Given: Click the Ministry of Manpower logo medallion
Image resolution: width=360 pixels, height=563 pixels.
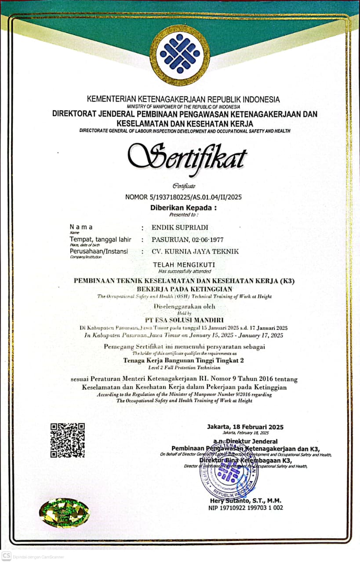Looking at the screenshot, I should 180,55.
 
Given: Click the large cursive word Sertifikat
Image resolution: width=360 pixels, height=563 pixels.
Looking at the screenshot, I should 187,157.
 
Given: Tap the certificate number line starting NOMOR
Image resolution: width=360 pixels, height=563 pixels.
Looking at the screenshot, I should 184,197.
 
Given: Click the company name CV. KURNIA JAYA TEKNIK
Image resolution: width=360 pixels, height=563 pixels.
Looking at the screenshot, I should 195,252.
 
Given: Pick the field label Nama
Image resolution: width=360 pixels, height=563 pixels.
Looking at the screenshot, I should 81,227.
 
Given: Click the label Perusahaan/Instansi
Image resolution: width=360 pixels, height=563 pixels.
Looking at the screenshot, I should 99,251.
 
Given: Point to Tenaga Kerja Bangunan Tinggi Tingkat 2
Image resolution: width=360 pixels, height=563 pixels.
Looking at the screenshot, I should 184,360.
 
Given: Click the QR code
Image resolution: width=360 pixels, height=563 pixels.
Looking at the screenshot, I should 67,440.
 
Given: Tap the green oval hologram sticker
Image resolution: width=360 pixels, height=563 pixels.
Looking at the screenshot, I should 64,512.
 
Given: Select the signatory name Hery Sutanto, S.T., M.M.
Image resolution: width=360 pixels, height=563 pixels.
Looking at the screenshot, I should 245,501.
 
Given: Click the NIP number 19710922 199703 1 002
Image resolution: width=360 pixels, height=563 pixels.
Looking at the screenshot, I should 246,508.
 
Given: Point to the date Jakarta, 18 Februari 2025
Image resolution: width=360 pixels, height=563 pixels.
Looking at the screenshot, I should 245,427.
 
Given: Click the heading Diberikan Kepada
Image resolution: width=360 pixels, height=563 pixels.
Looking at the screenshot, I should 184,208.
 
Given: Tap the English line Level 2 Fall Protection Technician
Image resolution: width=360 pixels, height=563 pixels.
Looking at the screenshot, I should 184,367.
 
